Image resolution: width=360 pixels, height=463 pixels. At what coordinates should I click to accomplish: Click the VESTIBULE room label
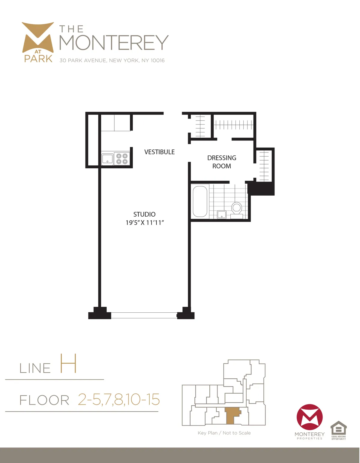[159, 152]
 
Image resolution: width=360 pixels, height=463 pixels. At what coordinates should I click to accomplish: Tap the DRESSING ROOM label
[222, 162]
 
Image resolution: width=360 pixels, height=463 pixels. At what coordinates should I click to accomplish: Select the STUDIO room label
[144, 214]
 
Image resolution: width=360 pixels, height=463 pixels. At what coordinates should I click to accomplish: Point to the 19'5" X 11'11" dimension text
[145, 223]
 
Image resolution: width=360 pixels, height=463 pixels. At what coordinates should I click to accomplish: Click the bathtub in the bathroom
[200, 201]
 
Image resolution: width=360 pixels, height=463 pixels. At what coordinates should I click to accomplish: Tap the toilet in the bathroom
[237, 208]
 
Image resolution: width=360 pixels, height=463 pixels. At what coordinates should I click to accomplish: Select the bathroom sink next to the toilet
[222, 215]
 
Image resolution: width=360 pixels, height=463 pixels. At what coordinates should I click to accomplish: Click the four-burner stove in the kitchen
[122, 159]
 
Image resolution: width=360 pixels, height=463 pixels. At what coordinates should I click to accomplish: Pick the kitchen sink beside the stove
[107, 159]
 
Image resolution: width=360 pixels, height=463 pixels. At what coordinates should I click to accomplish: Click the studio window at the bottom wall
[144, 315]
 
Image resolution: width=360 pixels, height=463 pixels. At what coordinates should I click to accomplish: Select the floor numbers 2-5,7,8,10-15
[119, 399]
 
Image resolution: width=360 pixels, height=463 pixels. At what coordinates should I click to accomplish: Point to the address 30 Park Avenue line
[112, 60]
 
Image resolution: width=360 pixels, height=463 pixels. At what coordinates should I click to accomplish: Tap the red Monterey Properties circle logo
[310, 417]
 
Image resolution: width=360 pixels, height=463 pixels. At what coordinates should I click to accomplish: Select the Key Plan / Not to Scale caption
[224, 433]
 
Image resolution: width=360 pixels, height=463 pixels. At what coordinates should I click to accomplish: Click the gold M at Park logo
[38, 42]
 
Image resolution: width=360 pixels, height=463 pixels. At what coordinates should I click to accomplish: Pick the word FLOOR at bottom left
[44, 400]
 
